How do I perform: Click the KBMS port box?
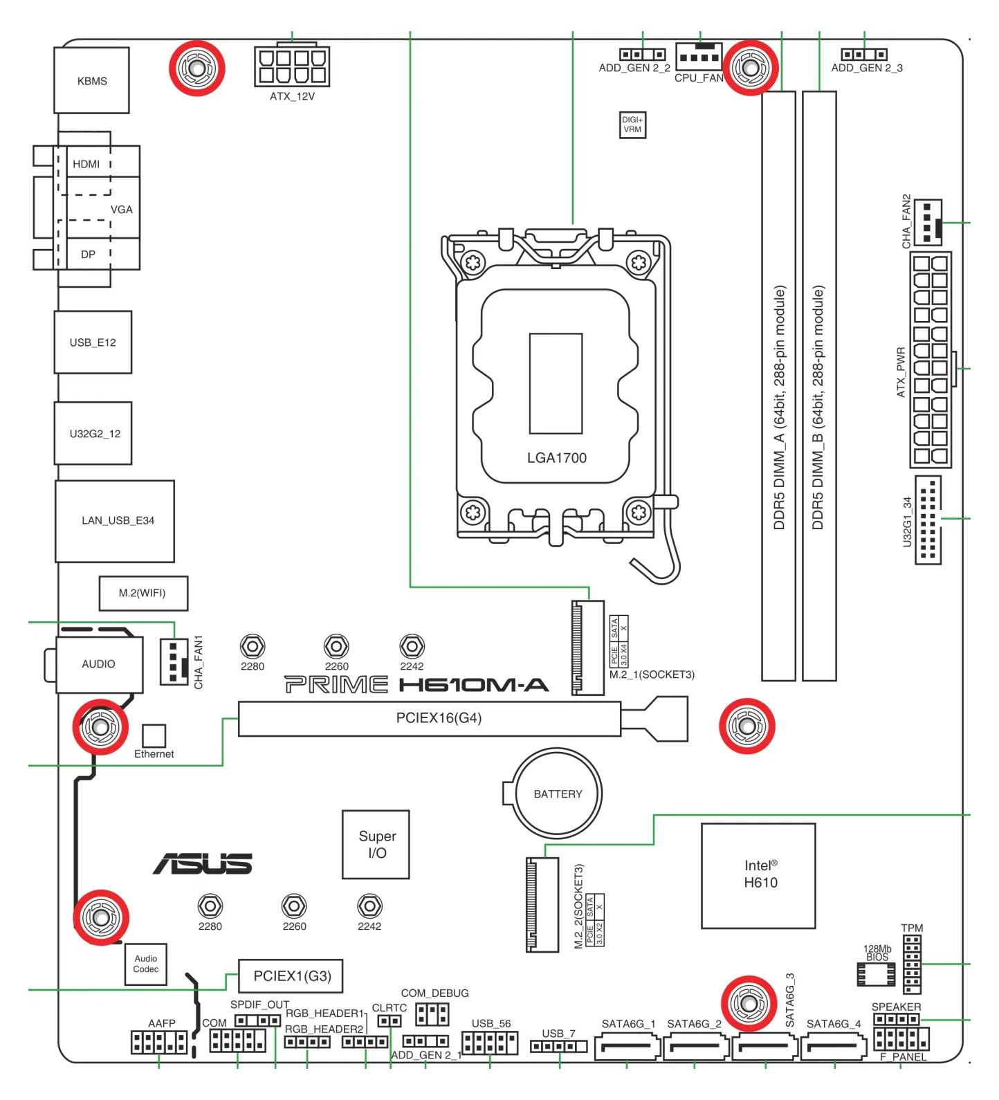tap(91, 80)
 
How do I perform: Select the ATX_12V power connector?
tap(291, 66)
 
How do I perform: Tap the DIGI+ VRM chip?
tap(632, 125)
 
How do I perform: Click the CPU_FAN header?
tap(699, 55)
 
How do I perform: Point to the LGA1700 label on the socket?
tap(556, 457)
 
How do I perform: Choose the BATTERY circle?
tap(558, 794)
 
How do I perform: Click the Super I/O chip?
tap(376, 845)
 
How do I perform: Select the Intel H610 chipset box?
tap(758, 876)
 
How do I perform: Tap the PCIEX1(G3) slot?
tap(291, 976)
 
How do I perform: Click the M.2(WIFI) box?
tap(143, 593)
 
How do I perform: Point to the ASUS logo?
tap(203, 863)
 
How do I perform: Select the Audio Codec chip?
tap(146, 964)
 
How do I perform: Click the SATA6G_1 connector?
tap(627, 1047)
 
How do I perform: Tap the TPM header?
tap(912, 964)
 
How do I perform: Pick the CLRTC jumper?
tap(389, 1021)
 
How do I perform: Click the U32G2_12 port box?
tap(93, 434)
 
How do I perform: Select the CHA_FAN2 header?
tap(928, 222)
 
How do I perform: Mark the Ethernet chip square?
tap(154, 735)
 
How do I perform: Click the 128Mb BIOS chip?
tap(876, 974)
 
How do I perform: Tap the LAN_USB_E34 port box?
tap(115, 521)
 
